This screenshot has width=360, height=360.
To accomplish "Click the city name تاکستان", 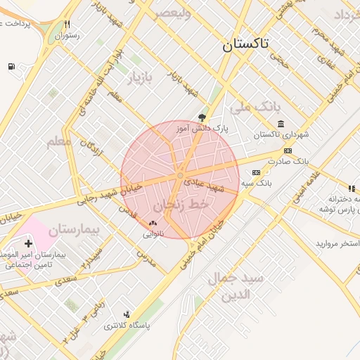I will [x=245, y=45].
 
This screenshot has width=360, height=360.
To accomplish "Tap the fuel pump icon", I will [x=12, y=67].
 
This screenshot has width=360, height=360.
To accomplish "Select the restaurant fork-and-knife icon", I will [x=67, y=24].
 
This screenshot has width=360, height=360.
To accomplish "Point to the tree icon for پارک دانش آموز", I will [x=203, y=117].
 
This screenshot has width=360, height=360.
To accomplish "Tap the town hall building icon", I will [x=281, y=124].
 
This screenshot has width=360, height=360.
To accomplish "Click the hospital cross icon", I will [x=28, y=243].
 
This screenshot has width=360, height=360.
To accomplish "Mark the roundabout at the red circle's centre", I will [x=181, y=174].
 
